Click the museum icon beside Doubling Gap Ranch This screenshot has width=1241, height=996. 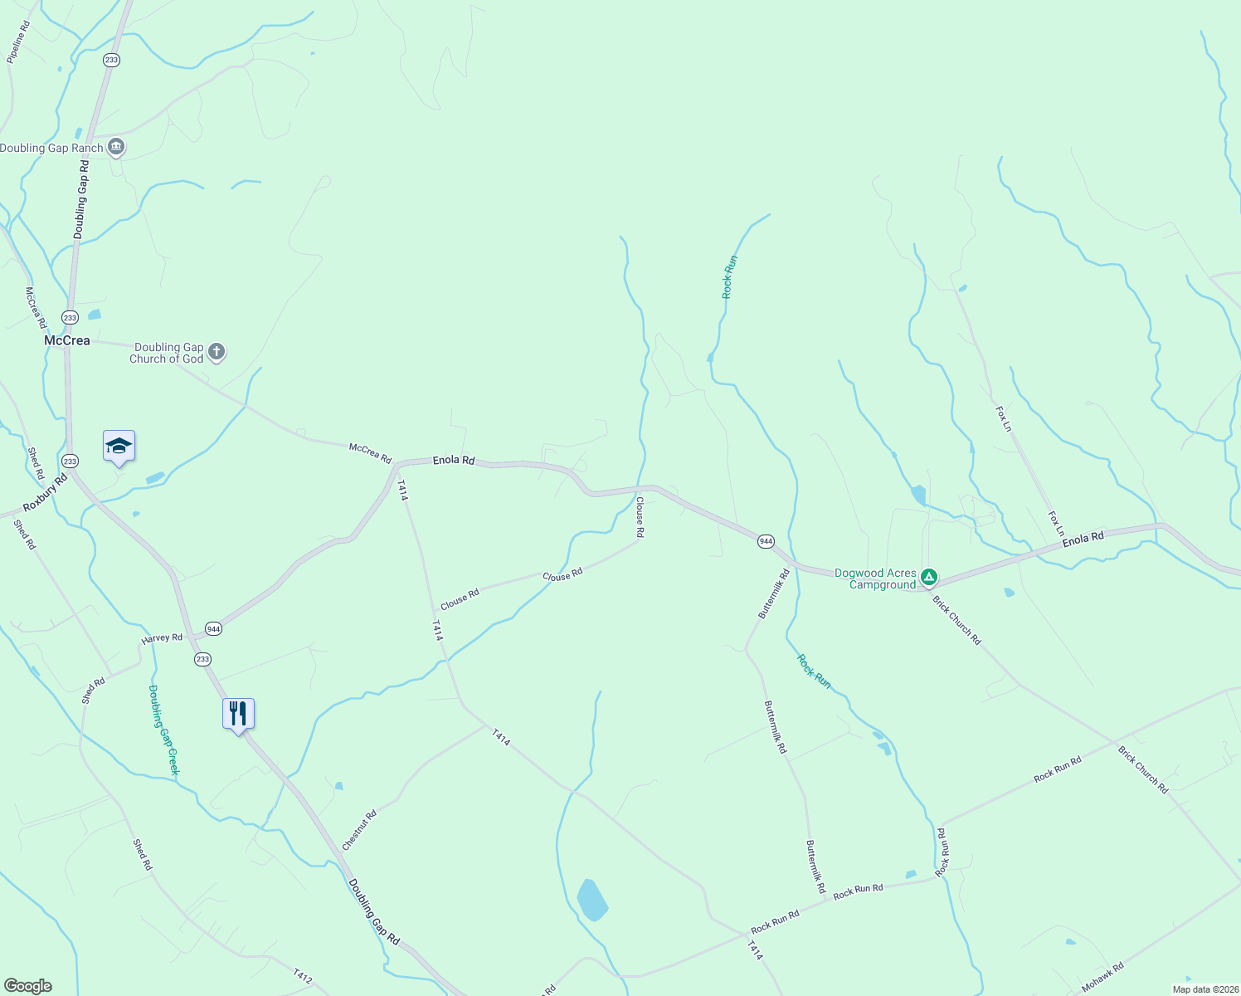tap(116, 148)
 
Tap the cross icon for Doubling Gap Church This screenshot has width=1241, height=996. tap(217, 352)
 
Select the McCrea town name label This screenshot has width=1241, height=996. tap(66, 340)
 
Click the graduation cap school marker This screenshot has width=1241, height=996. tap(119, 447)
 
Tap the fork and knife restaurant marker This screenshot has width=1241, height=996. tap(238, 714)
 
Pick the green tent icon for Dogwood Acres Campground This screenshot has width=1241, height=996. tap(930, 577)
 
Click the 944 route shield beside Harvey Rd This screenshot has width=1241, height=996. tap(214, 628)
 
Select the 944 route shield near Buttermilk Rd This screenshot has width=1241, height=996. tap(766, 541)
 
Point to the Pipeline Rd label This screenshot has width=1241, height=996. tap(18, 42)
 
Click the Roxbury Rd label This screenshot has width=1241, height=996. tap(45, 494)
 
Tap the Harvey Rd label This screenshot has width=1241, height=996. tap(162, 638)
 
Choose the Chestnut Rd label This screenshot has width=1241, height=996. tap(359, 830)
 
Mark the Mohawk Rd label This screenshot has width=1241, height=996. tap(1102, 975)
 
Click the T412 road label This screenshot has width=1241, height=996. tap(303, 977)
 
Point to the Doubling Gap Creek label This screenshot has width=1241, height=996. tap(163, 730)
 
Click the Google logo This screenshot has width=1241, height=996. tap(28, 986)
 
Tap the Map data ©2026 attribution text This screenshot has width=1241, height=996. tap(1204, 989)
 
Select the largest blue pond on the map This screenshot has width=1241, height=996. tap(592, 900)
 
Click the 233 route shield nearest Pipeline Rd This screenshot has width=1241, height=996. tap(112, 60)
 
